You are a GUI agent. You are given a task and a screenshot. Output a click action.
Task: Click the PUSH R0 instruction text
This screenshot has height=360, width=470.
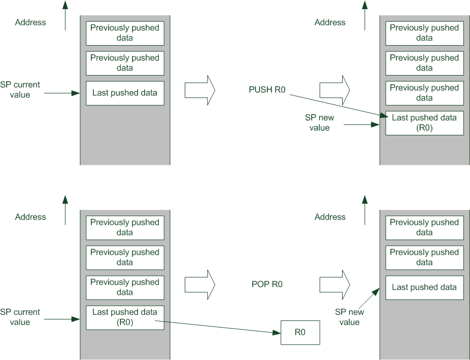267,90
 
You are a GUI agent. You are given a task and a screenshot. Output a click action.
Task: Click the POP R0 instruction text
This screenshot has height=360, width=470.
267,284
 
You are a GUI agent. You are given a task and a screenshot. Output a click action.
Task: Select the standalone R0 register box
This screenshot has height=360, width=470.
300,333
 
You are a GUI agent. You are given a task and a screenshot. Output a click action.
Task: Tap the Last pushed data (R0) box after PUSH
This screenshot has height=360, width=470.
424,123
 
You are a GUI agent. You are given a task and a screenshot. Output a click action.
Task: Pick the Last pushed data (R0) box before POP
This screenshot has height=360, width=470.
125,317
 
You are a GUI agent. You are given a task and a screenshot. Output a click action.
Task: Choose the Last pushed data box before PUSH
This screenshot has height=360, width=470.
125,93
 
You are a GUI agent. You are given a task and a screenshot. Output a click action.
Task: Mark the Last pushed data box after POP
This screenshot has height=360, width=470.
424,287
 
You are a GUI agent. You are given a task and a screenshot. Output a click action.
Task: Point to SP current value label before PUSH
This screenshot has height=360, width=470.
20,90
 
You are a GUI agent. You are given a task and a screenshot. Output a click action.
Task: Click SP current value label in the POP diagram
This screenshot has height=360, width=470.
20,317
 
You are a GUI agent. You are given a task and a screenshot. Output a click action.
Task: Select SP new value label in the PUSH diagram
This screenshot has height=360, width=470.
320,123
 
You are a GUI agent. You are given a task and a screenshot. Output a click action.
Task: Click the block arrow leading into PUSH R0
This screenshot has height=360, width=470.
200,90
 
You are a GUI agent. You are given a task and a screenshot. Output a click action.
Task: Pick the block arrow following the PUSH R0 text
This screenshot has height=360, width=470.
335,90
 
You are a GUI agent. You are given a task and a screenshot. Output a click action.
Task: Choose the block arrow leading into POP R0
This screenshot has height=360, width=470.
200,285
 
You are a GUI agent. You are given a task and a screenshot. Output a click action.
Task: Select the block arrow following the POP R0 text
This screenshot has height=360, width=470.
335,285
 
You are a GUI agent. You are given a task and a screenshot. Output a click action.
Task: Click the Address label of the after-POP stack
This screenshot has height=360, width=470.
330,217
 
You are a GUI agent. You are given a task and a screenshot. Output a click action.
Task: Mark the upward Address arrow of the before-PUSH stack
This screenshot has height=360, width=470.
65,15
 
